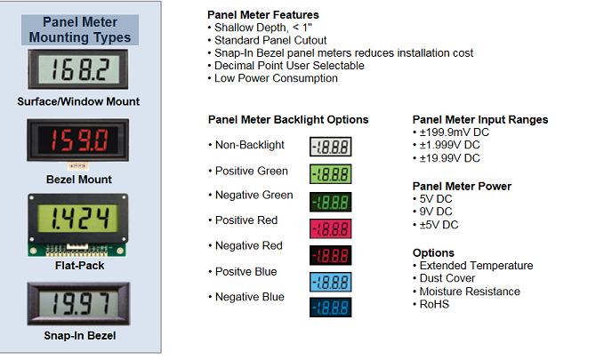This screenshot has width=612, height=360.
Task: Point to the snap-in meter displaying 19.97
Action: (x=79, y=304)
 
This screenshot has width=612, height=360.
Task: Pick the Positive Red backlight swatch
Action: (x=330, y=228)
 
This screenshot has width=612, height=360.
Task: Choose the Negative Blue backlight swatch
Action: (x=330, y=308)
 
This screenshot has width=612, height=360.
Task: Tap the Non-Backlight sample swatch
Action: (x=330, y=148)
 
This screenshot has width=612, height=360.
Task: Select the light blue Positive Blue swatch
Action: (x=330, y=283)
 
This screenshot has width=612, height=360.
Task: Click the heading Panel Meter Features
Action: (x=262, y=15)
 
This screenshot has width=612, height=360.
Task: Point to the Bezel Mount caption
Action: (x=79, y=180)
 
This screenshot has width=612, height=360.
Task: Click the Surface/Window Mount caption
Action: (x=79, y=101)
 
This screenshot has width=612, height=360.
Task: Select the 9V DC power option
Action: (x=435, y=212)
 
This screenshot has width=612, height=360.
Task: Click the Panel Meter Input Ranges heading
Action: (x=480, y=120)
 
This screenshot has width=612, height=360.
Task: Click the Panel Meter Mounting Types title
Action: (x=79, y=29)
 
